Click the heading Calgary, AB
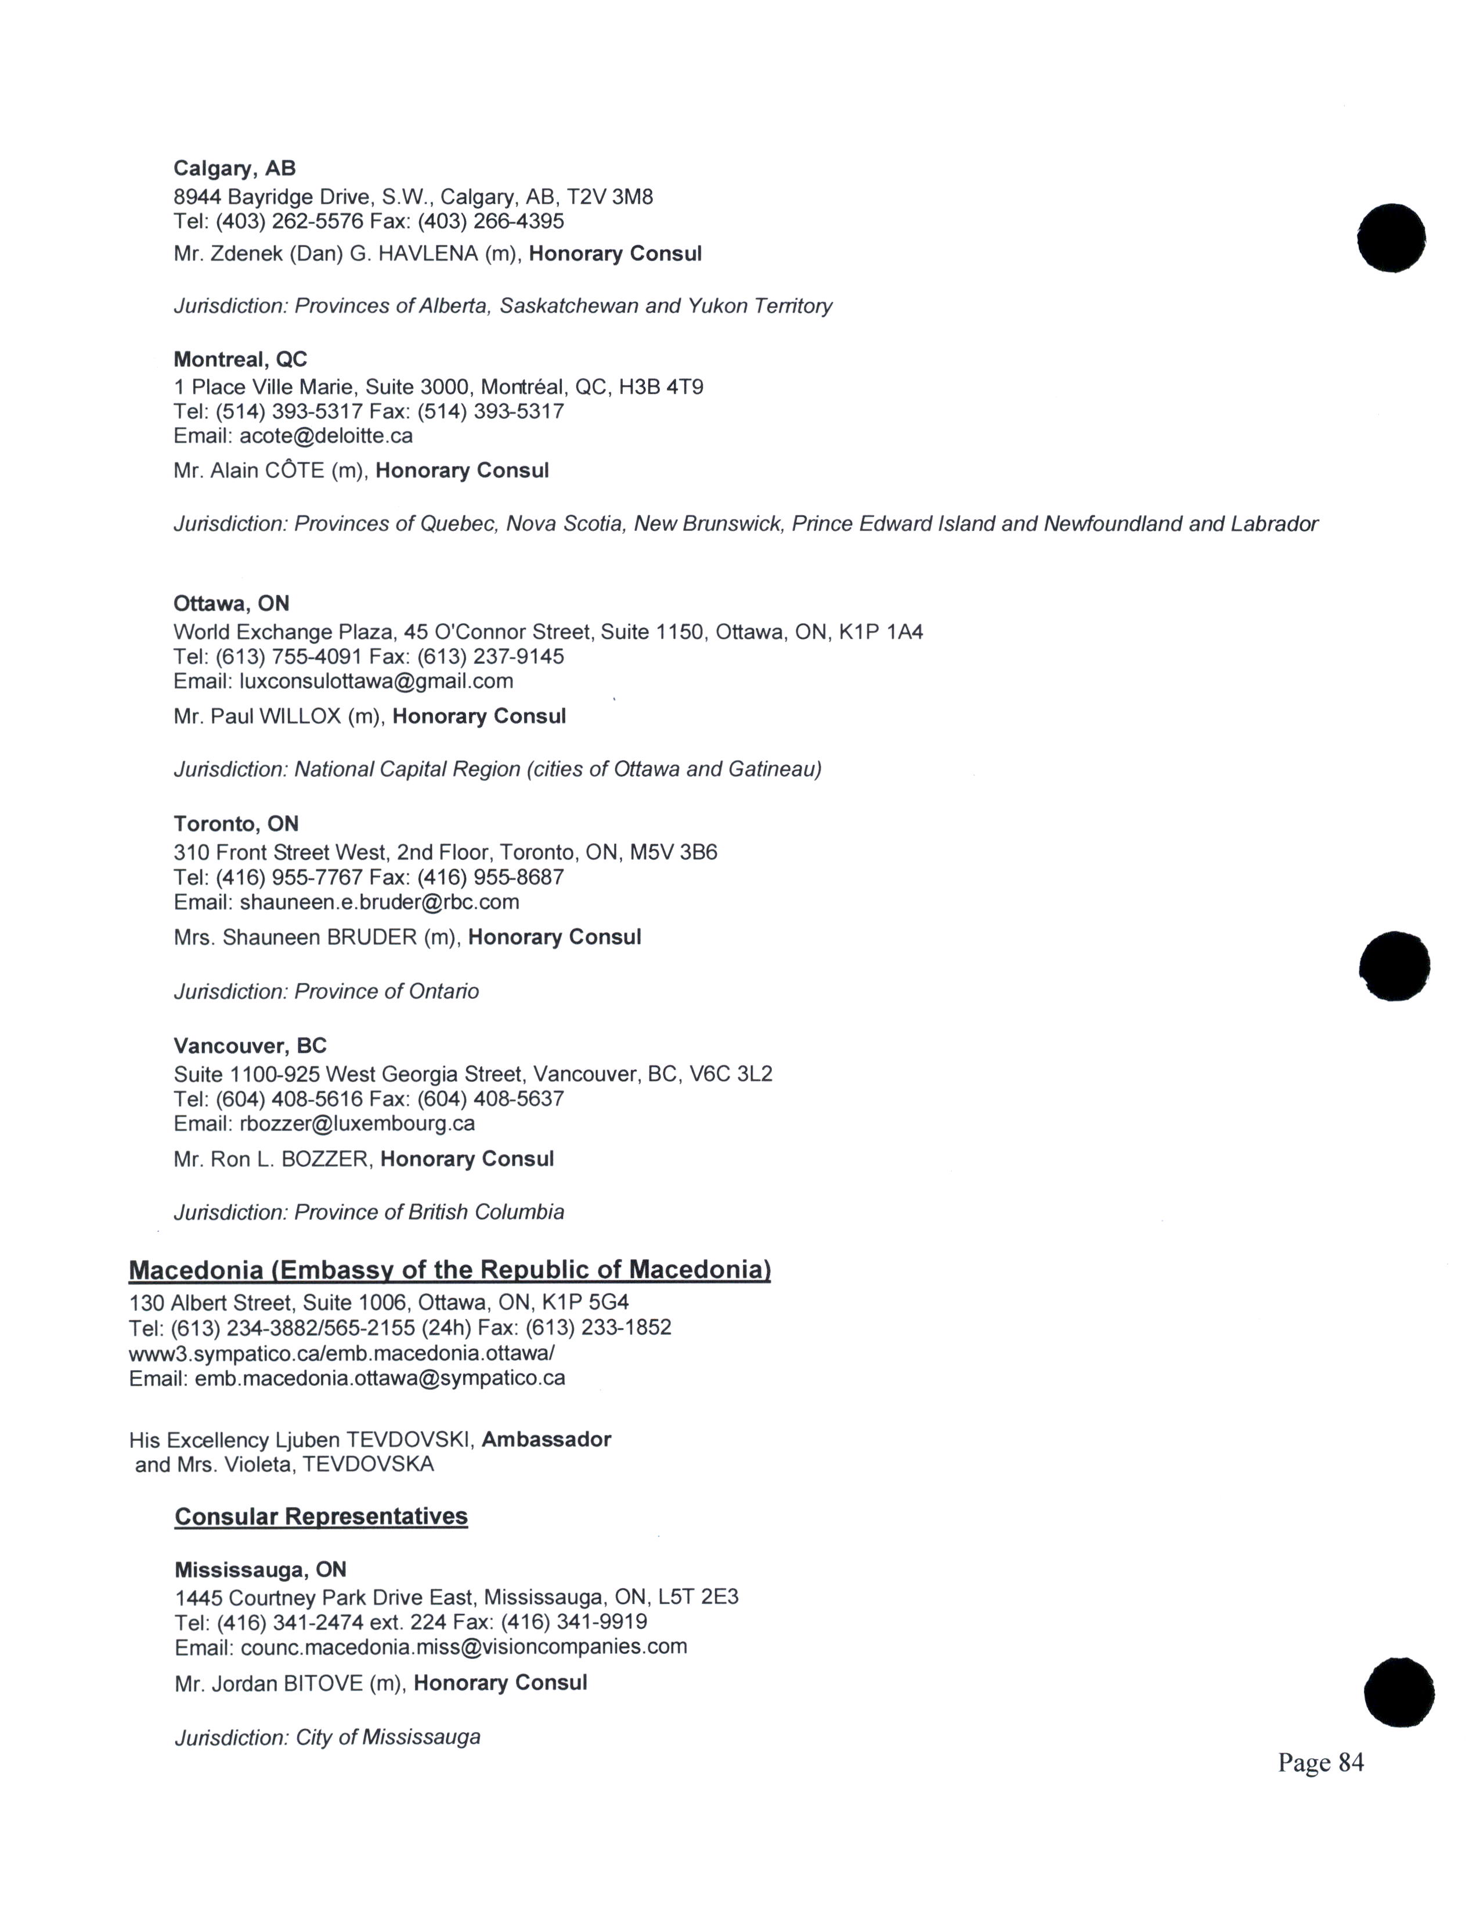234,168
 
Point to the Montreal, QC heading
240,360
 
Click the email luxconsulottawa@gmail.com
376,681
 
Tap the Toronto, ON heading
236,824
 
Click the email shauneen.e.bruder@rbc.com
379,902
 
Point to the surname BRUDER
372,937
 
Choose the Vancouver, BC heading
250,1046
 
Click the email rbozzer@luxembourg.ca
357,1123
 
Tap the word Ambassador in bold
546,1439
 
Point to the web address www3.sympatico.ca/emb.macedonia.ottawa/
341,1353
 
